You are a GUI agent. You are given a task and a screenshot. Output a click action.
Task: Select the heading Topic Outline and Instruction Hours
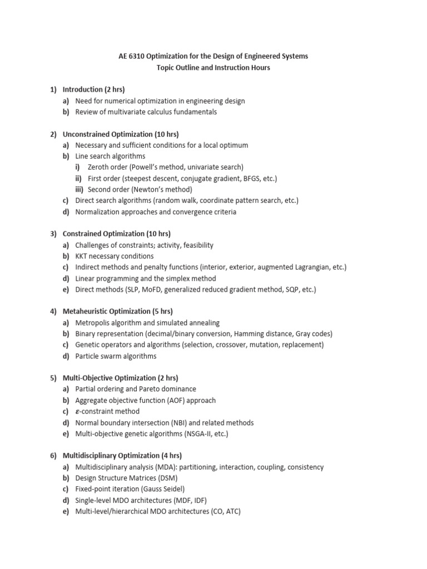pos(213,67)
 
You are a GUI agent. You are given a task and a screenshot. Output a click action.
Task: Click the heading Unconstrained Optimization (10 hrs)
pos(121,134)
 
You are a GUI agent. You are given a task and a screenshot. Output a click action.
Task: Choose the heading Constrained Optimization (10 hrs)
pos(116,234)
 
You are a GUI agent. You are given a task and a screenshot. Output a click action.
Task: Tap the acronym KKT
pos(83,256)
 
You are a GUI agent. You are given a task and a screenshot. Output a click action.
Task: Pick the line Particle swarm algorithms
pos(116,356)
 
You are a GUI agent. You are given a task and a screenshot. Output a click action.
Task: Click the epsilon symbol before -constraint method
pos(78,412)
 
